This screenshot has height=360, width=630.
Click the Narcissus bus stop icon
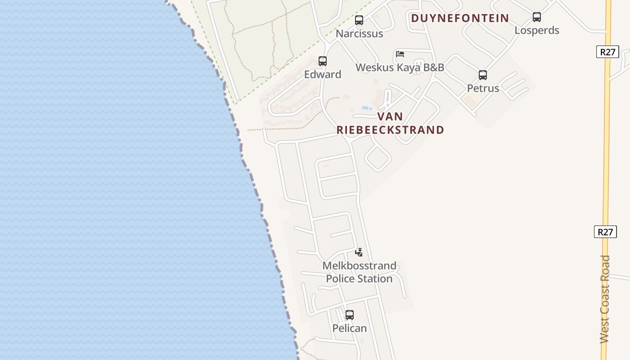click(359, 20)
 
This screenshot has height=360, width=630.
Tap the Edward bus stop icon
click(322, 61)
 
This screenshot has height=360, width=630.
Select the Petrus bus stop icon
click(482, 75)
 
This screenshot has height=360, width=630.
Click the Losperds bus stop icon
click(536, 17)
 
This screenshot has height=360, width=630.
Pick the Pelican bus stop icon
click(349, 315)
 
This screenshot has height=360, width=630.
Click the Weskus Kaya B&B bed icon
click(400, 54)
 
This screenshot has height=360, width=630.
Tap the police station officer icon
click(359, 252)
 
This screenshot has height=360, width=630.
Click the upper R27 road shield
click(607, 52)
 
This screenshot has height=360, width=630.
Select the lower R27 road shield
click(605, 232)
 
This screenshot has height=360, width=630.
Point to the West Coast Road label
click(605, 299)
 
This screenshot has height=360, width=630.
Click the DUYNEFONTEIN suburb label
click(460, 18)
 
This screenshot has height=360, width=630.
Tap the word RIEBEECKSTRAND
click(390, 130)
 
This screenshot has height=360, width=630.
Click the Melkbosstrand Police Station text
click(359, 272)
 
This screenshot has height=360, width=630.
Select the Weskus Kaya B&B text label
click(400, 67)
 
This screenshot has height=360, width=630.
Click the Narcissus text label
click(359, 34)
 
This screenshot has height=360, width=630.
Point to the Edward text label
click(322, 75)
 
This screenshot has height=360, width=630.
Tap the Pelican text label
click(349, 328)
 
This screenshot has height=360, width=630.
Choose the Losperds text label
click(536, 31)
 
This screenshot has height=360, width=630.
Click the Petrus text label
click(482, 88)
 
